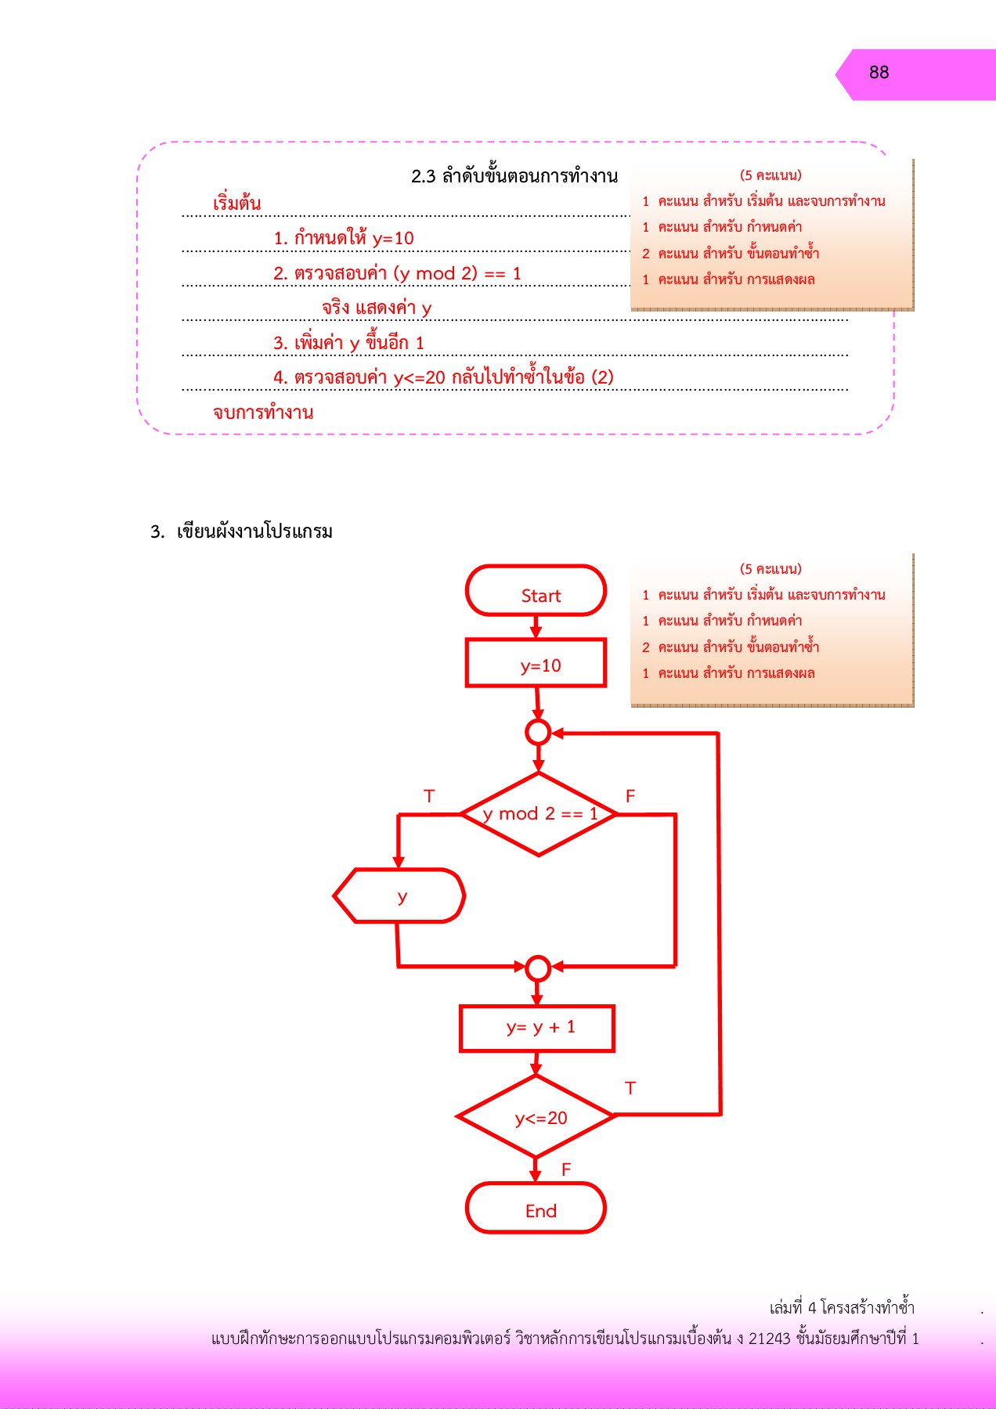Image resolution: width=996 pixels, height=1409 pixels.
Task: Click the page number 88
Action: click(x=879, y=73)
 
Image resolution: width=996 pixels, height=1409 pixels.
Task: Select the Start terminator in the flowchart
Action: click(x=536, y=592)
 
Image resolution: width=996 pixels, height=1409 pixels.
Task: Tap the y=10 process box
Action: click(x=536, y=664)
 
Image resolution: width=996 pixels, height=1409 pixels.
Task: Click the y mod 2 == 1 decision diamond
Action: click(x=539, y=814)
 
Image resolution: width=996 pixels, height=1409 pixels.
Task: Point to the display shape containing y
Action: click(x=400, y=896)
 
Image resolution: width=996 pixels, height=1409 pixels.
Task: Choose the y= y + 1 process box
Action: click(x=537, y=1028)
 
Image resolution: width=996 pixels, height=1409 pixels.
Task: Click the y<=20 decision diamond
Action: click(x=537, y=1117)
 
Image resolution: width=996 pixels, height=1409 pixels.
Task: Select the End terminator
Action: click(x=536, y=1209)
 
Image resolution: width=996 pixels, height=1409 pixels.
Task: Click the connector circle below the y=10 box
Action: click(x=538, y=733)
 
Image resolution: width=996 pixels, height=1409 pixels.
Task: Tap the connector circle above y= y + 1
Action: click(x=538, y=968)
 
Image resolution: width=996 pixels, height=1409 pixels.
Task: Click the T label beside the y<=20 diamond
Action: click(x=630, y=1088)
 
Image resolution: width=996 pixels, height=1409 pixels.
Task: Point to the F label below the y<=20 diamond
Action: click(x=566, y=1169)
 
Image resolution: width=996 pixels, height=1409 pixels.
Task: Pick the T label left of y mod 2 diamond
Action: click(x=429, y=796)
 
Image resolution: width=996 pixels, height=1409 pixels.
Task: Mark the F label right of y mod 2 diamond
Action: click(x=630, y=796)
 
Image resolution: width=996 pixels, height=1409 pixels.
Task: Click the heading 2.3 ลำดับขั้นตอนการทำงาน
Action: click(x=514, y=176)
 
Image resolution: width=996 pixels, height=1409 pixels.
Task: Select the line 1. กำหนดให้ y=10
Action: click(x=344, y=238)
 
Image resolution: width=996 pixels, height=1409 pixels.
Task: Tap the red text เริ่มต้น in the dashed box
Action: click(x=237, y=204)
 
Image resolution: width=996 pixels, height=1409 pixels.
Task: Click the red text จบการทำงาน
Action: click(x=263, y=413)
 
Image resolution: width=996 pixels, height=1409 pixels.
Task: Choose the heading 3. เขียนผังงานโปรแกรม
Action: click(x=242, y=532)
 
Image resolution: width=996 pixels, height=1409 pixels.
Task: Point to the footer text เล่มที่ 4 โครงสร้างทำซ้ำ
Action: click(x=842, y=1307)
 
